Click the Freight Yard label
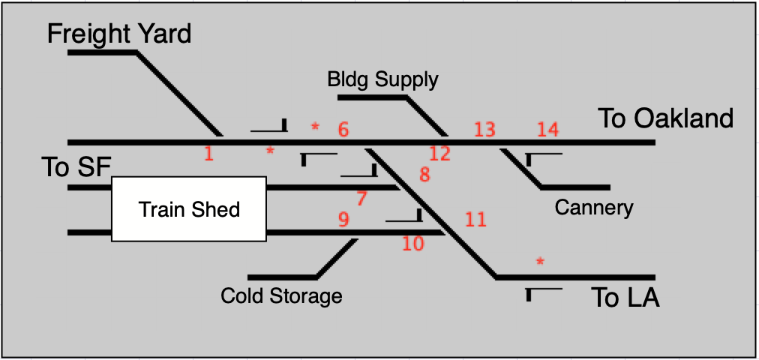tap(119, 34)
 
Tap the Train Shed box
tap(189, 208)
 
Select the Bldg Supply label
tap(382, 79)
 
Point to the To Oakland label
tap(665, 118)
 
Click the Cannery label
tap(594, 208)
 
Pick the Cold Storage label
tap(281, 295)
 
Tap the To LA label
tap(625, 298)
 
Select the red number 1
tap(208, 154)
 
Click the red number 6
tap(343, 129)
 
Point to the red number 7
tap(362, 199)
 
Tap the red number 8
tap(424, 175)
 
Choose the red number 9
tap(343, 220)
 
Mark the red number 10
tap(413, 244)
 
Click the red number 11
tap(475, 220)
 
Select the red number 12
tap(439, 154)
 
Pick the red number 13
tap(484, 129)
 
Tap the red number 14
tap(548, 129)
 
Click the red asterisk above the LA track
tap(540, 262)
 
